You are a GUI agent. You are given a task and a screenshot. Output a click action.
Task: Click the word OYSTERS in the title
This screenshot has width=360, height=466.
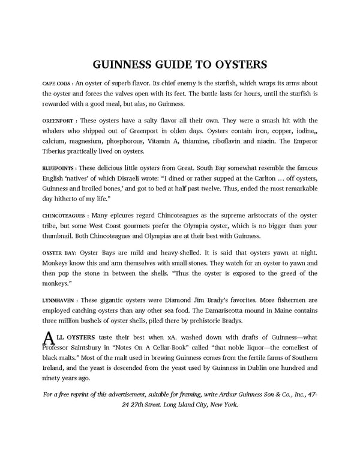(x=237, y=64)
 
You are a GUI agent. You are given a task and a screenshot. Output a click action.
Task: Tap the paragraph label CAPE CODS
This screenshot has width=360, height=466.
(x=56, y=83)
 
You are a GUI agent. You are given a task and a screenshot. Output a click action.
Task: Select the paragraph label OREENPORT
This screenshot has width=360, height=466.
(x=58, y=120)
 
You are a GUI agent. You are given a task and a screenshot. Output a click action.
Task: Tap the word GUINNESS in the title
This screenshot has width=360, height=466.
(x=124, y=64)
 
